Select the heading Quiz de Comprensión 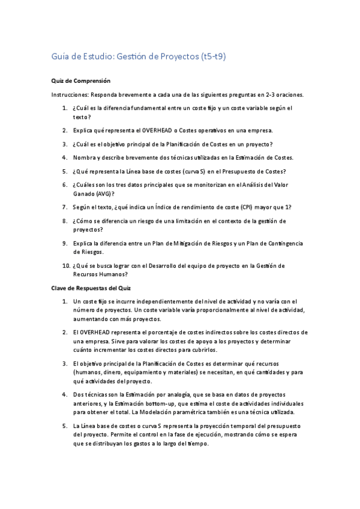click(81, 80)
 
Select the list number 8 click(64, 221)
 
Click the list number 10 click(64, 265)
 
